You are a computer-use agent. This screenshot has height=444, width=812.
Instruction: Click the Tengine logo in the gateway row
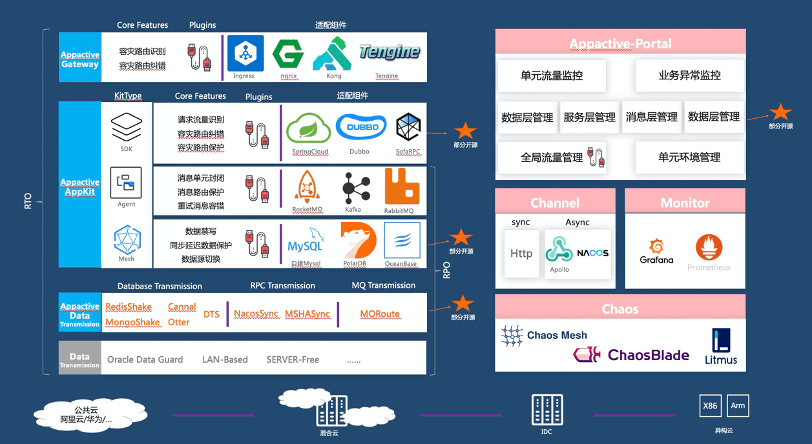click(389, 52)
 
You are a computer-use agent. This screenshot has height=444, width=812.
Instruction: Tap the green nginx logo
click(288, 54)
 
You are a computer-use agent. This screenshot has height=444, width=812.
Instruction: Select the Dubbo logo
click(361, 127)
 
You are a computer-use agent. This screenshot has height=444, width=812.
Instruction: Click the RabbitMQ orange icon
click(401, 187)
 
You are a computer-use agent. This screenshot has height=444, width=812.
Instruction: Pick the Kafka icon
click(355, 188)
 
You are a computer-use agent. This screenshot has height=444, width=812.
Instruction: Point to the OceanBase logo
click(402, 240)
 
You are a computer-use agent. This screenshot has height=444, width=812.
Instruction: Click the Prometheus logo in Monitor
click(709, 248)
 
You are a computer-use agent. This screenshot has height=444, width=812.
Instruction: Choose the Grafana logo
click(656, 250)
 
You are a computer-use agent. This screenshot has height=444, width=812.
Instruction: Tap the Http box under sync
click(521, 254)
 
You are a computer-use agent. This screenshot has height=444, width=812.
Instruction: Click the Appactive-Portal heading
click(620, 44)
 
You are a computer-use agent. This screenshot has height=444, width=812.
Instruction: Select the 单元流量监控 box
click(552, 76)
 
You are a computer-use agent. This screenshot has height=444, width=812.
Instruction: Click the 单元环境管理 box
click(689, 157)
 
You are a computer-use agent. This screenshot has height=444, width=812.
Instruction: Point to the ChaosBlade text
click(648, 355)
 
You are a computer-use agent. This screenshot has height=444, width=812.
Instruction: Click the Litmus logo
click(721, 347)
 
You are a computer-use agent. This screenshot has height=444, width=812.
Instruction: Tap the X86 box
click(710, 406)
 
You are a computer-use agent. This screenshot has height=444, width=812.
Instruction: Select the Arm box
click(738, 406)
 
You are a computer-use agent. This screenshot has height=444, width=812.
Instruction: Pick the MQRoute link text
click(380, 314)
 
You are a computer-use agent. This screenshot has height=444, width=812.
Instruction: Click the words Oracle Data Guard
click(145, 359)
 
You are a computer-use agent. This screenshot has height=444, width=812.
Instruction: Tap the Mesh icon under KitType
click(127, 239)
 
